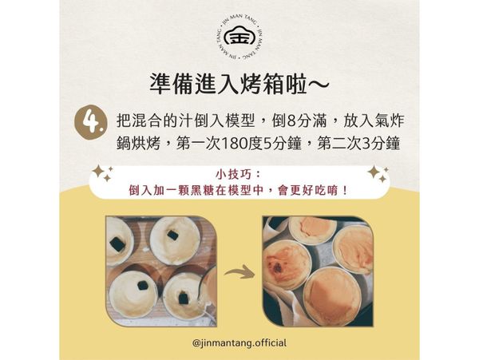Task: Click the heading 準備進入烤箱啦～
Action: (x=239, y=83)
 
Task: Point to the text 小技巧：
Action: (x=239, y=175)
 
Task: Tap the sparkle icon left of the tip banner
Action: (x=101, y=174)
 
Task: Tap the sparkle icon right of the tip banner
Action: (x=377, y=174)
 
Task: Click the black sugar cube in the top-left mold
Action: (x=118, y=242)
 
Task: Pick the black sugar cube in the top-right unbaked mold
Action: (x=172, y=235)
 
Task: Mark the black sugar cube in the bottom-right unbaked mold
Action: (x=183, y=297)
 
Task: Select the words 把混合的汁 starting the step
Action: (x=148, y=122)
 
